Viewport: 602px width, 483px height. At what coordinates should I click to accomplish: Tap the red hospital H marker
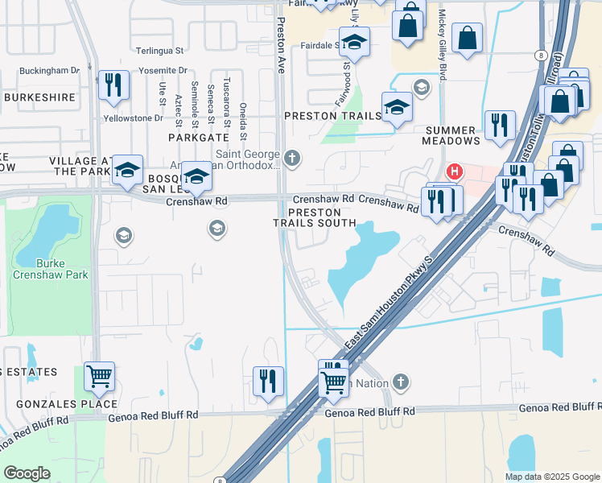click(455, 171)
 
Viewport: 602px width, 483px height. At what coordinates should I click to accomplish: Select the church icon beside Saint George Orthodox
click(292, 158)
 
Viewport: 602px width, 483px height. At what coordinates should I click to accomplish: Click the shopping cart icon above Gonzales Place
click(99, 375)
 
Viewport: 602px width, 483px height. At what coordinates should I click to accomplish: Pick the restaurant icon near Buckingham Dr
click(113, 85)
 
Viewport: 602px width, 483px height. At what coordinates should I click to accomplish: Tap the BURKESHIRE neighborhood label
click(39, 97)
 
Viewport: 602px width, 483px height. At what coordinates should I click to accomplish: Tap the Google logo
click(27, 473)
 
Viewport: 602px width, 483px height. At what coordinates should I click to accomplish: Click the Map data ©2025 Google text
click(551, 477)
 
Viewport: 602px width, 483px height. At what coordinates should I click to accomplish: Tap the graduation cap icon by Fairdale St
click(354, 41)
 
